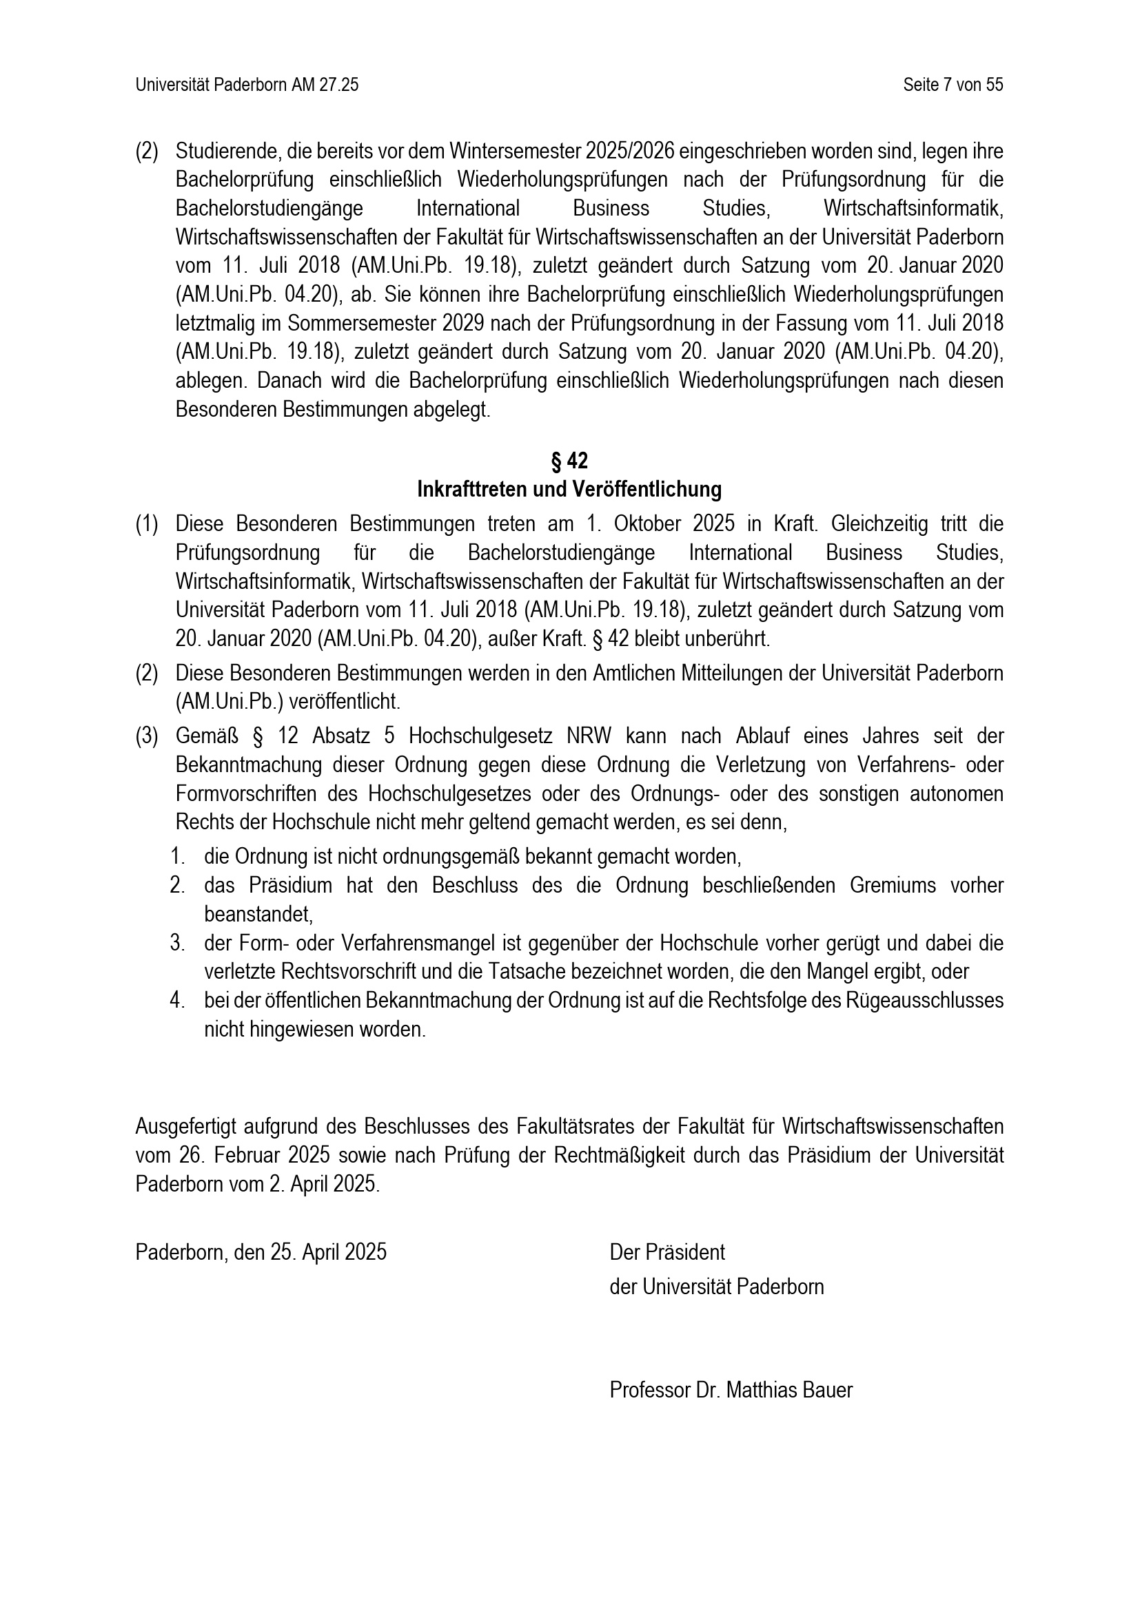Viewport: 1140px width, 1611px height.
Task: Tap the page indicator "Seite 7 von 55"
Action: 953,85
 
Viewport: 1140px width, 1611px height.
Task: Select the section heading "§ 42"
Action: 569,461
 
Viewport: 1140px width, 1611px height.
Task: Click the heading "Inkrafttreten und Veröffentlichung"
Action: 569,489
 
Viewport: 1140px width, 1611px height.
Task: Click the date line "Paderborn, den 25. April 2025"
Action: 261,1251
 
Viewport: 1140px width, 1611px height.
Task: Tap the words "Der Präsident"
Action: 667,1251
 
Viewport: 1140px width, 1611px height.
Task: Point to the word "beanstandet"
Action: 257,914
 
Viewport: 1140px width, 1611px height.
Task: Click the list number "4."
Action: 177,1001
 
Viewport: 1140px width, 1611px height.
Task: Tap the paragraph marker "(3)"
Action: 147,736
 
